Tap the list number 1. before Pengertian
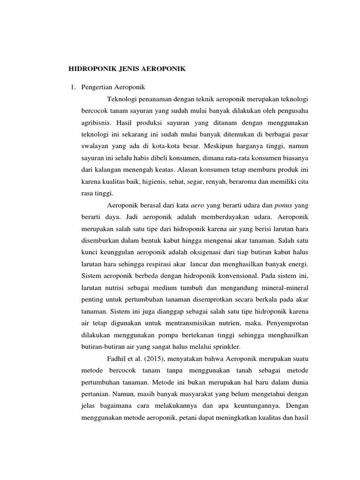pyautogui.click(x=72, y=87)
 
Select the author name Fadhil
pyautogui.click(x=117, y=358)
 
